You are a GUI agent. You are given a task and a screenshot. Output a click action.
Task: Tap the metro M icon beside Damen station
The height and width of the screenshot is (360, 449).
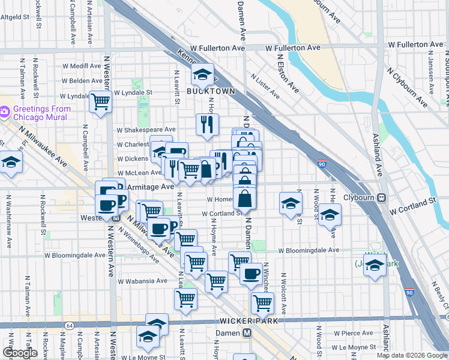coord(247,333)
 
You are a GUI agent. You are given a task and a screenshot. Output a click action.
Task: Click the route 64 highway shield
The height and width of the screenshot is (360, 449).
coord(70,325)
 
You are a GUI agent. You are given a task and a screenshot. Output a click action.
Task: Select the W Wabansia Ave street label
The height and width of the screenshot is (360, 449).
coord(142,280)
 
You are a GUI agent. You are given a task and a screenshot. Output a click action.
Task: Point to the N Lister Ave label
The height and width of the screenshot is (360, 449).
coord(265,86)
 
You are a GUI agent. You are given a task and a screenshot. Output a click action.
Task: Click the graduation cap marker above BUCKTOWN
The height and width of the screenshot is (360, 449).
coord(203,75)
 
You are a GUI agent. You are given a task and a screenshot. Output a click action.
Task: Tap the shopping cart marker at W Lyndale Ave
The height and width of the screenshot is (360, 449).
coord(100,101)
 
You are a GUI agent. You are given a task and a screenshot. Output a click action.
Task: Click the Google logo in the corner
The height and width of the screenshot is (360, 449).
coord(20,353)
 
